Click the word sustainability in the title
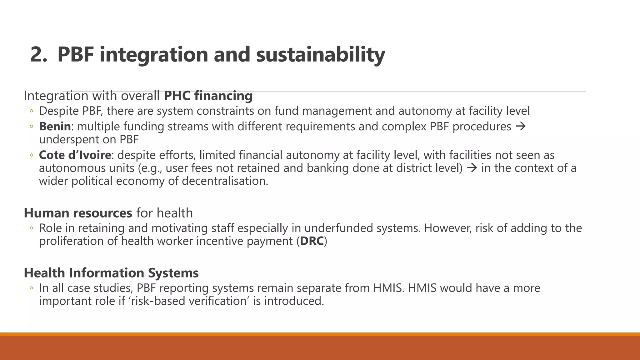point(320,55)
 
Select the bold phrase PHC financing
point(208,96)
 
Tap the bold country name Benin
point(55,127)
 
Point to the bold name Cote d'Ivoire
point(75,155)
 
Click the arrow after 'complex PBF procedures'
point(521,127)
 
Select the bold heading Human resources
point(78,213)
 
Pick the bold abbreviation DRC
point(312,241)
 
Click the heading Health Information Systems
point(111,273)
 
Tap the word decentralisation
point(225,181)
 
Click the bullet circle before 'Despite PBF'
point(31,111)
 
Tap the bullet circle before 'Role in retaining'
point(31,228)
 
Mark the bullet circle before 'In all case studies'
point(31,288)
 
